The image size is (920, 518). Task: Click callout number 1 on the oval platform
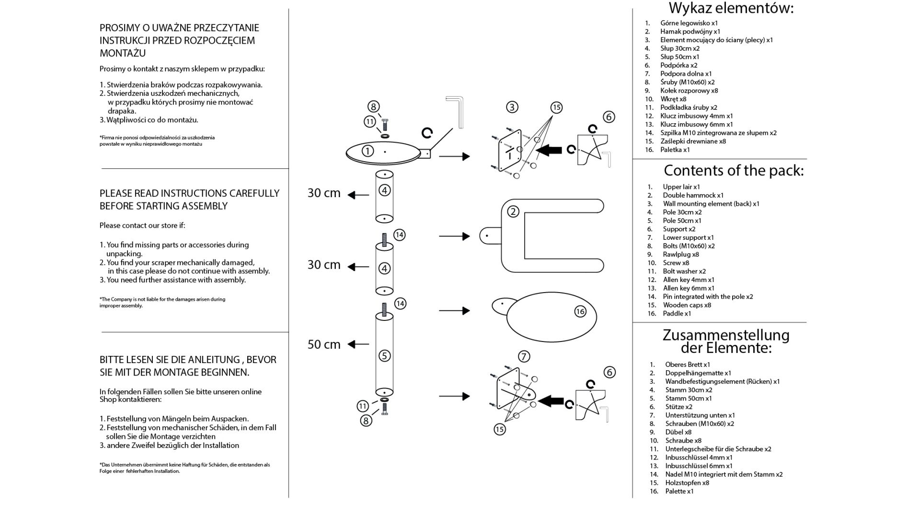[x=368, y=151]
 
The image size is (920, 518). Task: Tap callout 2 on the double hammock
[x=513, y=212]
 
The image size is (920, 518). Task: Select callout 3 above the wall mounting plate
[x=512, y=107]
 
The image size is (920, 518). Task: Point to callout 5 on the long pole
[x=384, y=356]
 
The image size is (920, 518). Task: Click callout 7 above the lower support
[x=524, y=356]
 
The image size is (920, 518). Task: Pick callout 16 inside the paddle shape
[x=580, y=312]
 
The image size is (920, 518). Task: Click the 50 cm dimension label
[x=324, y=344]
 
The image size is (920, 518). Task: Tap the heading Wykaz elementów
[x=731, y=8]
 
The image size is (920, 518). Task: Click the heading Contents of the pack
[x=734, y=170]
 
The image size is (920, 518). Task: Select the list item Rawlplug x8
[x=680, y=255]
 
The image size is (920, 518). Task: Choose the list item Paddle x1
[x=677, y=314]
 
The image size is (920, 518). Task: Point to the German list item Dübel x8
[x=678, y=432]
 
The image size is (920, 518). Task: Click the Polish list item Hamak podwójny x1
[x=690, y=32]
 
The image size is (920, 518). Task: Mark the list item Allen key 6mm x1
[x=689, y=288]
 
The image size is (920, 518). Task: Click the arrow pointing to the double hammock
[x=454, y=236]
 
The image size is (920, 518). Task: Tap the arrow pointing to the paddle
[x=454, y=311]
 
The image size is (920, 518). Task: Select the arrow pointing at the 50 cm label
[x=358, y=344]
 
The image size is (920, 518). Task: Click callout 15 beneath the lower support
[x=500, y=429]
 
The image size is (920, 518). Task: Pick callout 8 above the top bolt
[x=373, y=106]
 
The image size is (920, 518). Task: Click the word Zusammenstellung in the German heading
[x=726, y=335]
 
